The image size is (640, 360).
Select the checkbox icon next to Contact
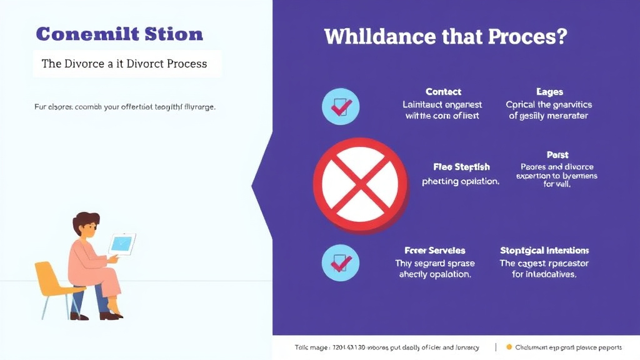[x=340, y=107]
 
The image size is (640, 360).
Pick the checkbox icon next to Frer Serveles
[x=340, y=262]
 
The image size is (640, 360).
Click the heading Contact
[x=443, y=92]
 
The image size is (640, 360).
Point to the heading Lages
[x=549, y=92]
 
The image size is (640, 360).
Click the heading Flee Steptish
[x=461, y=167]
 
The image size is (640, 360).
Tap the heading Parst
[x=557, y=154]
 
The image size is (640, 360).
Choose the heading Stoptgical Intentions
[x=544, y=251]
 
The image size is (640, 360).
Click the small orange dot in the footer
[x=509, y=347]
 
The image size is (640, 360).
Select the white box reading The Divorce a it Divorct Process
[x=127, y=64]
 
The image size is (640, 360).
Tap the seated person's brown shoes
[x=110, y=316]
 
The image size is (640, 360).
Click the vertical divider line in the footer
[x=495, y=347]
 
